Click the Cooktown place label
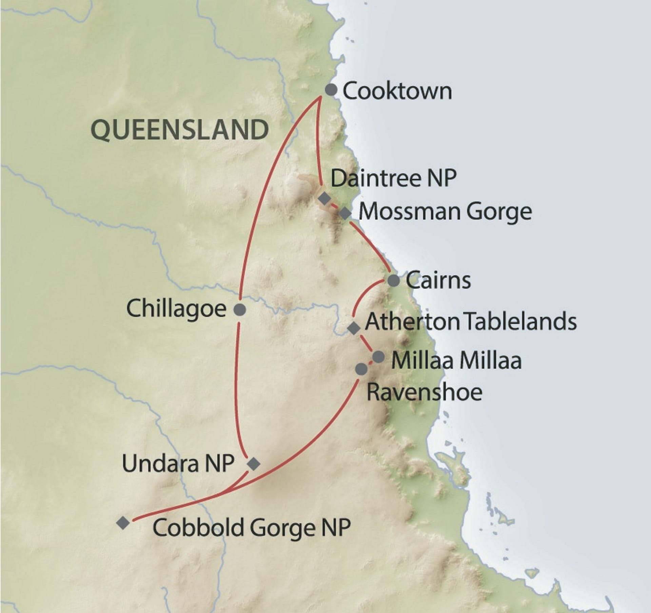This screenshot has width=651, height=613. click(397, 91)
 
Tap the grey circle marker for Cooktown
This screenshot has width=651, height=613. click(331, 90)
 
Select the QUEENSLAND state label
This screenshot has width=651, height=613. click(180, 130)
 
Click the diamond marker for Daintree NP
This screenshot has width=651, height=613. click(324, 198)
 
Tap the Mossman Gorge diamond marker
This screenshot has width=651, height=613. click(345, 213)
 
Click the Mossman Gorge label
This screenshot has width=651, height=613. click(445, 212)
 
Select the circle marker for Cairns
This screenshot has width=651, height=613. click(393, 281)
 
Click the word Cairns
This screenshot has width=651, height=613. click(438, 281)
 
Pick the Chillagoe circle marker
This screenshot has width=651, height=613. click(240, 309)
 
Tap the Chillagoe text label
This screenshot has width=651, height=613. click(176, 309)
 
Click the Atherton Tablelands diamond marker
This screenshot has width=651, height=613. click(354, 328)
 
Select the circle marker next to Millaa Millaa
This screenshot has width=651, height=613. click(378, 356)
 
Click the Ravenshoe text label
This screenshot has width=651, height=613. click(425, 392)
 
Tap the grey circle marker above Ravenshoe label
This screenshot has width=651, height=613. click(361, 369)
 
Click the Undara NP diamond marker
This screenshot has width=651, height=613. click(254, 464)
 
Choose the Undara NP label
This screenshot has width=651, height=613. click(178, 464)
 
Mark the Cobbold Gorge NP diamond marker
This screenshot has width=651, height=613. click(123, 523)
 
